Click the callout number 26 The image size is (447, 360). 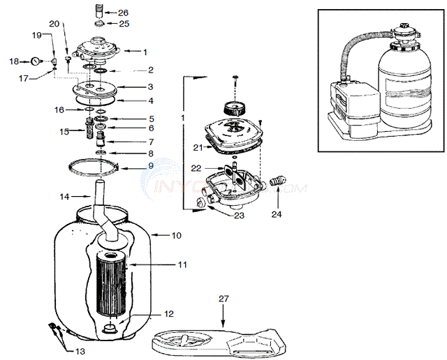pos(123,13)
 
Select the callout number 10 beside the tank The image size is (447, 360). pos(176,236)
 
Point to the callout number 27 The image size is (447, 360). pos(223,299)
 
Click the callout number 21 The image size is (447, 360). pos(198,147)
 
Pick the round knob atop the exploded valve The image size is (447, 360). pos(233,109)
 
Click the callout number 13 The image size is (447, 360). pos(80,351)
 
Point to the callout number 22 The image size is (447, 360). pos(198,167)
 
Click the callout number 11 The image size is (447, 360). pos(182,265)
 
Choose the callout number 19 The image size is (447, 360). pos(37,35)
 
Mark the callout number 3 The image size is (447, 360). pos(150,87)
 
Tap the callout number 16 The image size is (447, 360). pos(59,110)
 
